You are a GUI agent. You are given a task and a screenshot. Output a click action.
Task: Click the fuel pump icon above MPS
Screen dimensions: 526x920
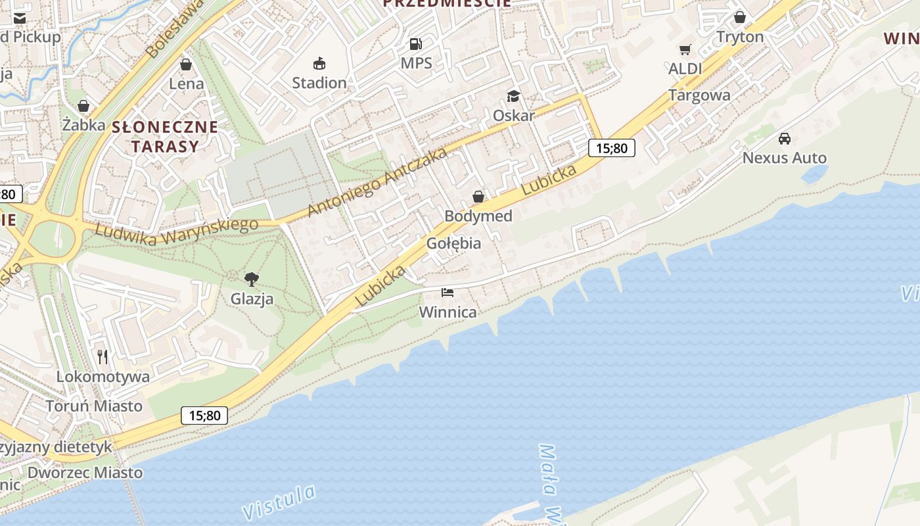(415, 44)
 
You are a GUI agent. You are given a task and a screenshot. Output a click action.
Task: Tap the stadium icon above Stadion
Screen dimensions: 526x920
(319, 64)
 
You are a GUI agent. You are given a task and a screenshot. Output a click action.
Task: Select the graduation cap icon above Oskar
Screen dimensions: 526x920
(513, 97)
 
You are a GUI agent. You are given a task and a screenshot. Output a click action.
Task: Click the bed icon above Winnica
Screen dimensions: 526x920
(448, 292)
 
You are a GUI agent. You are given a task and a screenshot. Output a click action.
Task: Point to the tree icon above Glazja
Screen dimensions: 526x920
(251, 279)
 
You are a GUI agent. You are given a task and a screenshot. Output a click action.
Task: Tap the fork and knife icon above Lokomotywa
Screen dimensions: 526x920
(103, 357)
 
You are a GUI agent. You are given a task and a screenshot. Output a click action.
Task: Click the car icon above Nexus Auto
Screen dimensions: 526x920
(784, 138)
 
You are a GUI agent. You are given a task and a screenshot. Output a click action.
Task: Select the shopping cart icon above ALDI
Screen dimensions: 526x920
(685, 49)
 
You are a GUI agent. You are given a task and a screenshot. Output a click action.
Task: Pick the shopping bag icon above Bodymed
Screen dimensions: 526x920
(478, 197)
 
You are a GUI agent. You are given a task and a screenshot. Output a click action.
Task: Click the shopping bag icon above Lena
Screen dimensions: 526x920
(186, 64)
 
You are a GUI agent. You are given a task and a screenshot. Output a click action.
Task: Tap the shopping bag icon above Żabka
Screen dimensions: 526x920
(83, 105)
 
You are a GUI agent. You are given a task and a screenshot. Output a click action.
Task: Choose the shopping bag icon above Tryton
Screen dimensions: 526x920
(740, 17)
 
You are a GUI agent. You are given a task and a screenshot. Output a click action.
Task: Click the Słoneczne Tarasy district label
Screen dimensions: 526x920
(164, 136)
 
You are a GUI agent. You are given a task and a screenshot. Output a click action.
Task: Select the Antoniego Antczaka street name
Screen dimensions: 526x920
(377, 181)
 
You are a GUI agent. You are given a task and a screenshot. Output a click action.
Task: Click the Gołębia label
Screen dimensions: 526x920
(453, 243)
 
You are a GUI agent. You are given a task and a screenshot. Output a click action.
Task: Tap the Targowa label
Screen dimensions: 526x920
(699, 95)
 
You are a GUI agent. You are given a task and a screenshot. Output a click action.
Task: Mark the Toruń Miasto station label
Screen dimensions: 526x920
(94, 406)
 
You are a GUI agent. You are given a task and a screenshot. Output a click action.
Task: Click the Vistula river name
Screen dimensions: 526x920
(279, 502)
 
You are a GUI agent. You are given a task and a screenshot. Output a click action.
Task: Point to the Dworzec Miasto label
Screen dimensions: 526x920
(85, 472)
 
